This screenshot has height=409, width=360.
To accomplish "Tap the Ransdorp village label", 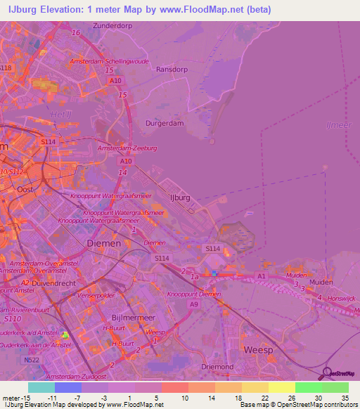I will (169, 70).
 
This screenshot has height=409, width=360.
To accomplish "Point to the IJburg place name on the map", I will (181, 197).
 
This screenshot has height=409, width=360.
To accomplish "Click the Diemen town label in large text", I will (103, 242).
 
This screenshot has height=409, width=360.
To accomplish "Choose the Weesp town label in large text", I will (257, 349).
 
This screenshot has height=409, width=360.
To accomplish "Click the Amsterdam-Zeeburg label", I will (127, 148).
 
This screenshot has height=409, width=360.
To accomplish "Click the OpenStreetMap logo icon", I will (329, 373).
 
